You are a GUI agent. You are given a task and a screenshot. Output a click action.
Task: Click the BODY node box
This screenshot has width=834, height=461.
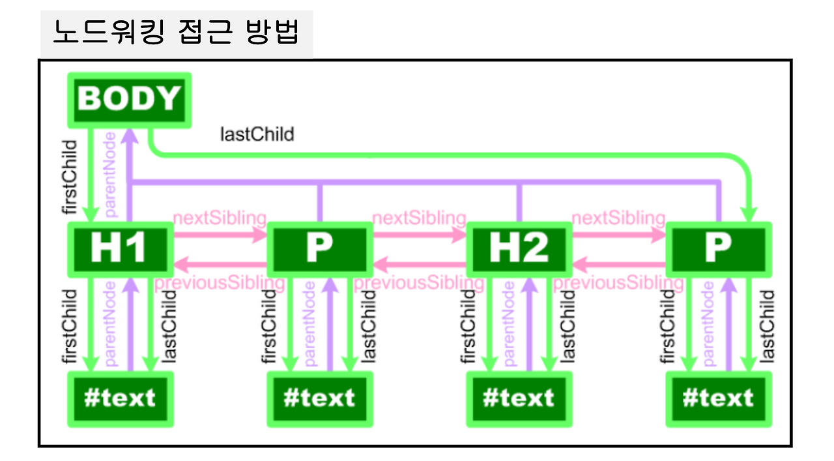pos(129,99)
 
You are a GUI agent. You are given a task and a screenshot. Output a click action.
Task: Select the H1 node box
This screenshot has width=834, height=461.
pos(120,248)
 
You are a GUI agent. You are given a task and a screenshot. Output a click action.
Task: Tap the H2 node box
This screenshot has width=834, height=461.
pos(519,248)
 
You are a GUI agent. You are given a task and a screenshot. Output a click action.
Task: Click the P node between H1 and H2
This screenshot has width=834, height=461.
pos(319,248)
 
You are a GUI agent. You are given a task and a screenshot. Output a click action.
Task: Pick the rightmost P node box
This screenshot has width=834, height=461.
pos(718,248)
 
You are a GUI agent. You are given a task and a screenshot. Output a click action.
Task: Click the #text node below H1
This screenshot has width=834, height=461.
pos(121,398)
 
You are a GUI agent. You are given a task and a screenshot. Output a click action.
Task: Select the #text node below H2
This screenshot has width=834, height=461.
pos(519,398)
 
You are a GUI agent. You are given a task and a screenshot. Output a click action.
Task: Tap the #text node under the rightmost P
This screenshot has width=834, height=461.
pos(719,398)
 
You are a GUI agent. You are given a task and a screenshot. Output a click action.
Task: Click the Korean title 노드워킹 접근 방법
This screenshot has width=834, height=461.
pos(176,33)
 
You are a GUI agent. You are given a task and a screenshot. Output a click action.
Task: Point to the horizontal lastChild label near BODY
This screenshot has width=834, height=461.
pos(257,134)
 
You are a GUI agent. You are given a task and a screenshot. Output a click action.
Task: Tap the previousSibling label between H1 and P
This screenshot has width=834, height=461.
pos(220,284)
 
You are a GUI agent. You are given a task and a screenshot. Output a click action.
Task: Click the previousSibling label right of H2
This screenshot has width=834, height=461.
pos(618,284)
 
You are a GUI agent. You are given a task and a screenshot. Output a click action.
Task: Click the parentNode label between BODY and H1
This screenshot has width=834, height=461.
pos(110,174)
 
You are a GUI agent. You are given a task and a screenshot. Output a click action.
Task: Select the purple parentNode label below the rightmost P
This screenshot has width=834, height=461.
pos(708,324)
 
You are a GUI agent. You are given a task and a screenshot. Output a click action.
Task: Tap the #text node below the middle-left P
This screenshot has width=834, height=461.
pos(320,398)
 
